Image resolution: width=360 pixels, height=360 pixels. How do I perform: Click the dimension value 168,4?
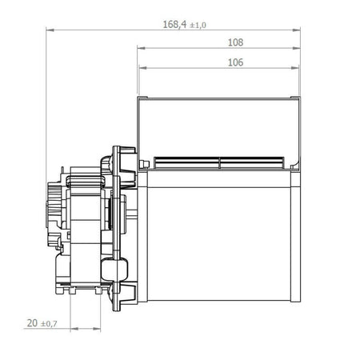pos(174,25)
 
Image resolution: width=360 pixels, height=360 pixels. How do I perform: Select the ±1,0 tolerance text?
pos(196,26)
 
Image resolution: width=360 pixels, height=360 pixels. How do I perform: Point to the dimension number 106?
pos(235,61)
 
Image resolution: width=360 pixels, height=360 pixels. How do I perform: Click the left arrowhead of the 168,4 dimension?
pos(50,30)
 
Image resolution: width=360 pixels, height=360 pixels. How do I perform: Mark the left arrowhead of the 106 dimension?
pos(142,67)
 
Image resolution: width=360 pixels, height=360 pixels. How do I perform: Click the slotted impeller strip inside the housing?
pos(220,163)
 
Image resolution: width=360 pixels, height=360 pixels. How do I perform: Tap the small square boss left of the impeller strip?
pos(144,165)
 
